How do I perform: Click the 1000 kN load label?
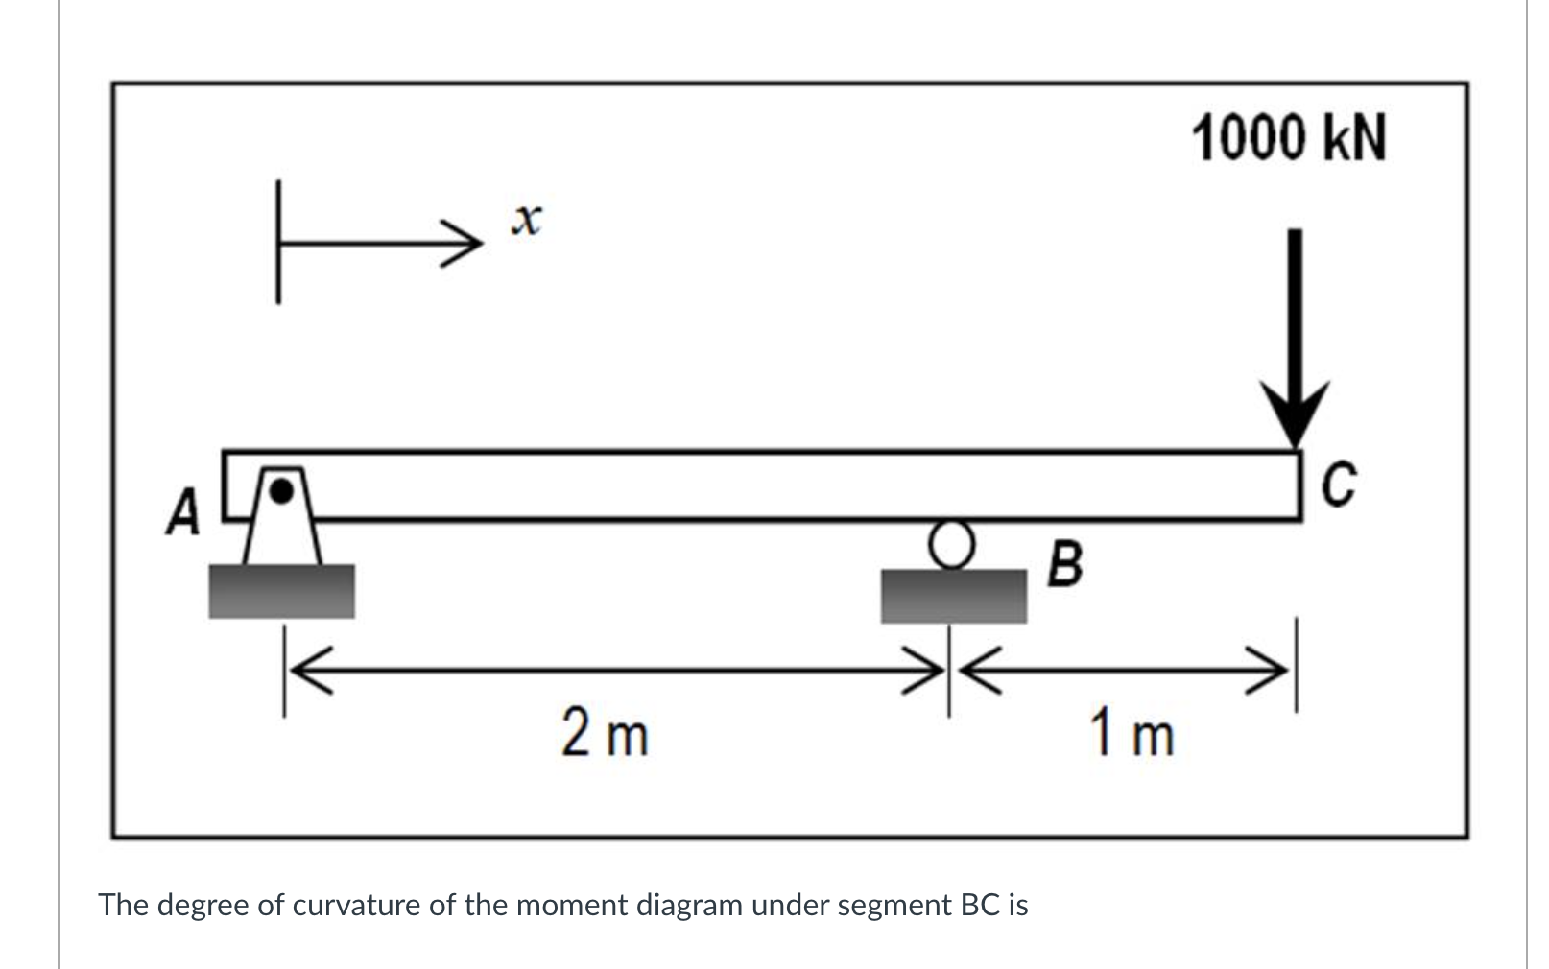(1289, 139)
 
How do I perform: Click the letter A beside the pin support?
(183, 511)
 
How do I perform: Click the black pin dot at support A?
(280, 490)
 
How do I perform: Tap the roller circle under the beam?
(950, 544)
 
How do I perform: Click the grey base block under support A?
(281, 591)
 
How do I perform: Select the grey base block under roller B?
(953, 596)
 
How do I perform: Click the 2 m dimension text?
(605, 734)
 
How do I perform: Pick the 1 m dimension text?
(1132, 734)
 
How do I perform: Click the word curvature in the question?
(357, 905)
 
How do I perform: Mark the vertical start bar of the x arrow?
(278, 242)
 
